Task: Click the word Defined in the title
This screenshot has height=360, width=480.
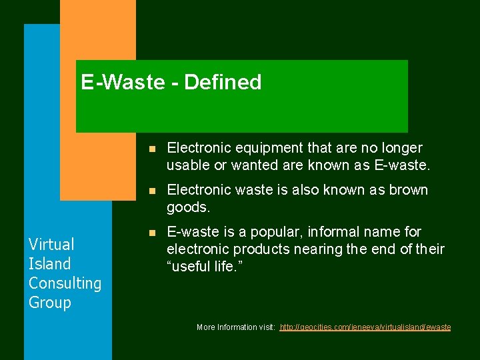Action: tap(223, 83)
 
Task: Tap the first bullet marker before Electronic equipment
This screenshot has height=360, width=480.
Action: tap(152, 148)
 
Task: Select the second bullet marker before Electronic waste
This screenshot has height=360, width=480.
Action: tap(152, 191)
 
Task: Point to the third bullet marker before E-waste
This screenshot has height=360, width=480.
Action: tap(152, 233)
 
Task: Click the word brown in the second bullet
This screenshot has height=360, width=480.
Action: tap(407, 190)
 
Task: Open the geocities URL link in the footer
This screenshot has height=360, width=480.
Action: tap(365, 327)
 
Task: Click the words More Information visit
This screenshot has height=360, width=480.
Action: tap(236, 327)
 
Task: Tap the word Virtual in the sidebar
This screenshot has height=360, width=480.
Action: tap(51, 244)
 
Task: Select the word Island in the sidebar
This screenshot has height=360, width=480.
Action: tap(49, 263)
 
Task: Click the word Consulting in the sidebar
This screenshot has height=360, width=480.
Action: tap(65, 283)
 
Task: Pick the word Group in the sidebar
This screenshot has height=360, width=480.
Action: tap(49, 302)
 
